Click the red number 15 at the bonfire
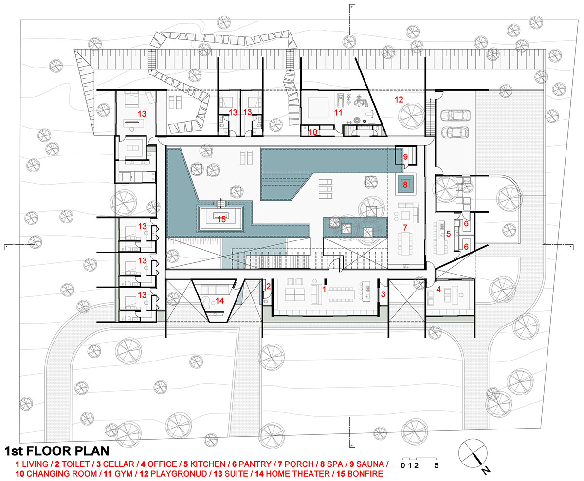221,219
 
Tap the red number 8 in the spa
405,184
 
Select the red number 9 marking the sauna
405,157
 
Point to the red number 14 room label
219,301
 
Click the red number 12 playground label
399,100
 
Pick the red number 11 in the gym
338,113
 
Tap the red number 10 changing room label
313,132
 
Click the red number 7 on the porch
405,228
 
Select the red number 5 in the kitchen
449,234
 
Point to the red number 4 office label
438,290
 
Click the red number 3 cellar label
383,294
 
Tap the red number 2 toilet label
269,286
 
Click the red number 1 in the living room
325,290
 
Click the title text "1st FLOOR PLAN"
57,451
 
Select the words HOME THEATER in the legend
298,474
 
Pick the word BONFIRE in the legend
365,474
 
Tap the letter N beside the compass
486,471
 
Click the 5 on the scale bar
437,465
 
